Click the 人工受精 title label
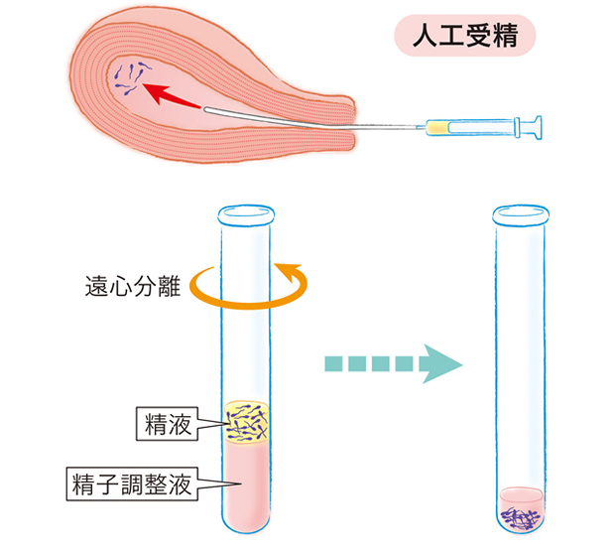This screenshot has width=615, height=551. (x=464, y=37)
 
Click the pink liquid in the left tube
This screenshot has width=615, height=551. (x=245, y=486)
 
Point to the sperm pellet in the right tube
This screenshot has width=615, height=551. (x=522, y=516)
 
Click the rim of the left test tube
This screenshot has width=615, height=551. (x=245, y=210)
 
